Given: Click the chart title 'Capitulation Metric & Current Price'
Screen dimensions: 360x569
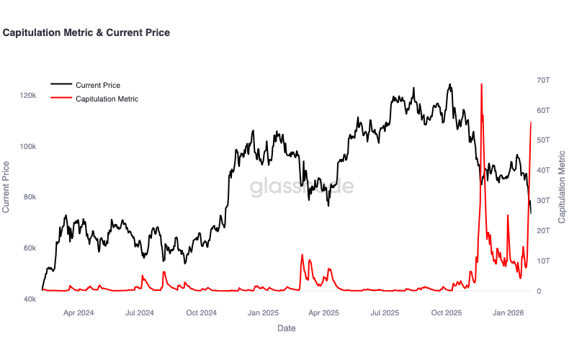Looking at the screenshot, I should click(x=86, y=32).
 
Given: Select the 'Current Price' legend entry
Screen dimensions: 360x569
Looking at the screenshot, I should click(x=97, y=85).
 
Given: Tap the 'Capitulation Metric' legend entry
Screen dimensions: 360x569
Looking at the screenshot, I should click(x=107, y=99).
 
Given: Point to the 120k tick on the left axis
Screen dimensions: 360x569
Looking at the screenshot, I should click(x=28, y=95).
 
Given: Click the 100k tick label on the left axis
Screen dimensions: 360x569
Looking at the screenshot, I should click(x=28, y=146).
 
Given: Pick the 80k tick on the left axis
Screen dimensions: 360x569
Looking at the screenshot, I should click(x=30, y=197).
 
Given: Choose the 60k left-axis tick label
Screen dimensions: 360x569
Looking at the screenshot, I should click(x=30, y=248).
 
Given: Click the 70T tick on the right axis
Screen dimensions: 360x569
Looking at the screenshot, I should click(x=543, y=79).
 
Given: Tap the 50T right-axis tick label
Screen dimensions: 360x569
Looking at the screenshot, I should click(x=543, y=140).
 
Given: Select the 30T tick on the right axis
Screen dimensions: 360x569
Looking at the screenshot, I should click(x=543, y=200).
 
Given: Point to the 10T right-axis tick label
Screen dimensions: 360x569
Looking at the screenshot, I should click(x=543, y=261).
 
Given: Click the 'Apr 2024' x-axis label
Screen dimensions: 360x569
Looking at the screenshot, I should click(x=79, y=313).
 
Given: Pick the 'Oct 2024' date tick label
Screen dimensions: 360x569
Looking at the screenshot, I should click(x=202, y=313).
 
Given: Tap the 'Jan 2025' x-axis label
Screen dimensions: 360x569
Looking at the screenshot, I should click(x=263, y=313).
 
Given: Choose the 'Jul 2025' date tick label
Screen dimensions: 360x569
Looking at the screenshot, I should click(x=385, y=313).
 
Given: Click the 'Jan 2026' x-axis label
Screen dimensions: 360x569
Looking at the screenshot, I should click(x=508, y=313).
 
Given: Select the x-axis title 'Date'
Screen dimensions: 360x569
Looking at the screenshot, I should click(x=286, y=328).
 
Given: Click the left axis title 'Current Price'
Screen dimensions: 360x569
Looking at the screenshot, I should click(x=7, y=187).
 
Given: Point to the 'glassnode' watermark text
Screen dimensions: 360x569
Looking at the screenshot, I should click(x=302, y=186).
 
